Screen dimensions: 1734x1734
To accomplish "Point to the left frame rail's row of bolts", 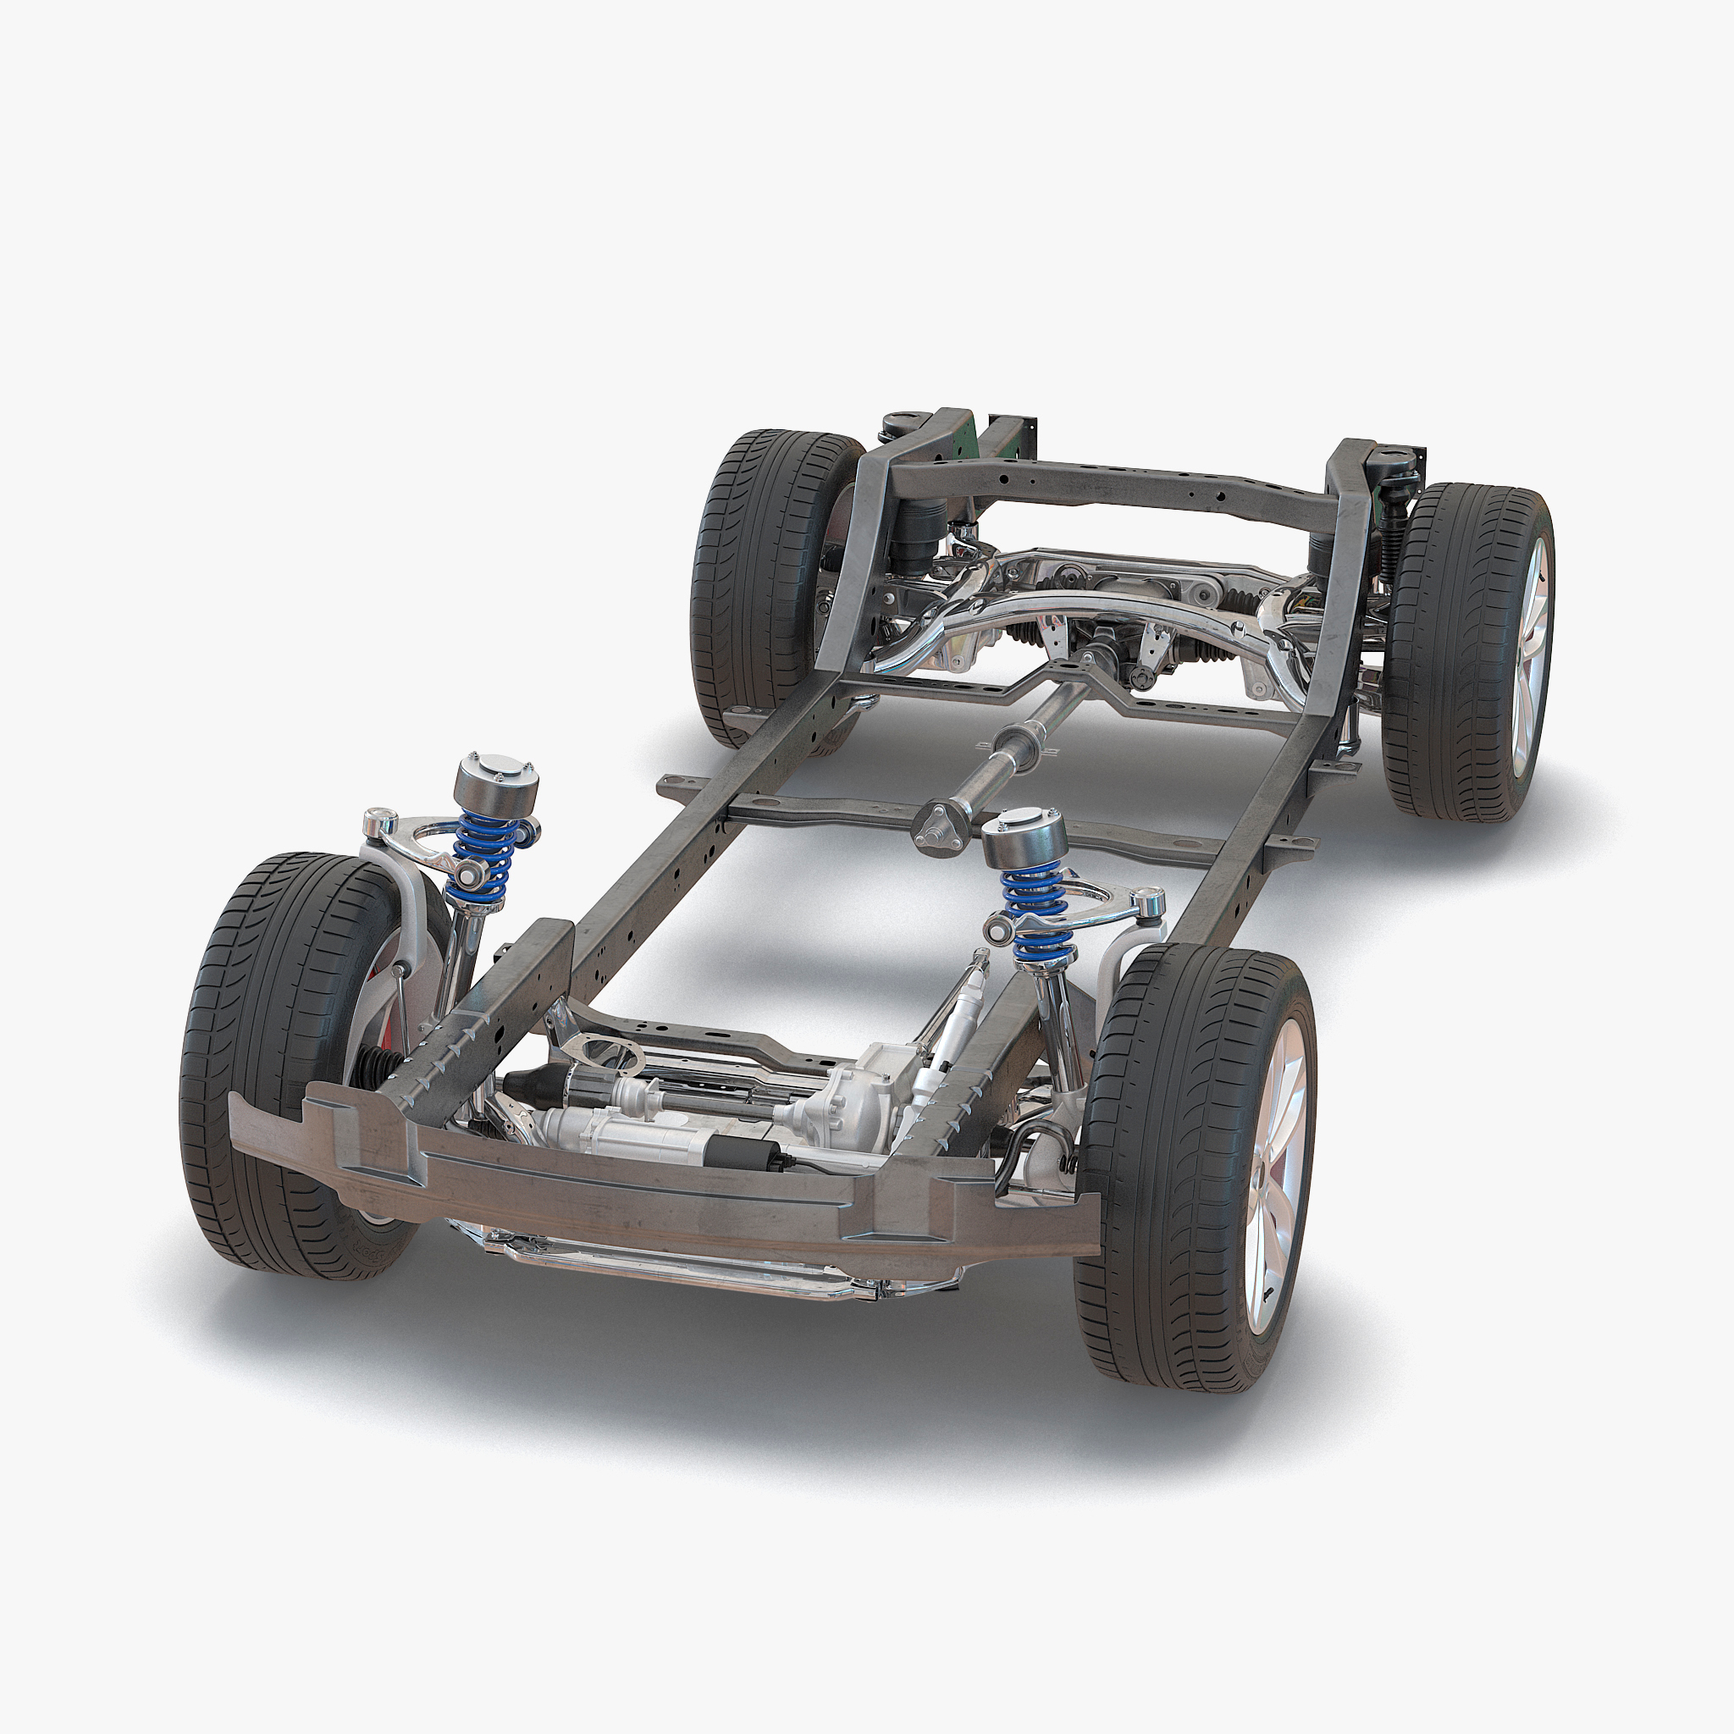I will click(449, 1050).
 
